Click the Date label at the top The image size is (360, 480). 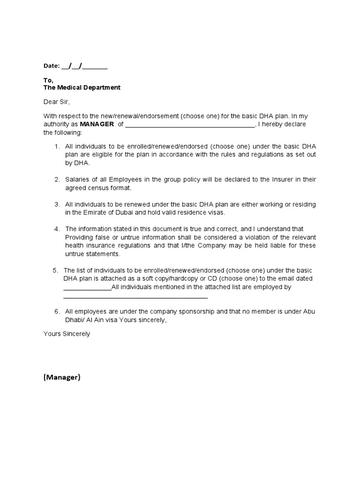[52, 66]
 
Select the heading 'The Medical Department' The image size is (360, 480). [82, 88]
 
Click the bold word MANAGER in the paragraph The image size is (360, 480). [97, 124]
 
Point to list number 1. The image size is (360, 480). [57, 146]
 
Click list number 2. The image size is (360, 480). [57, 180]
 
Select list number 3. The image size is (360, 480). [57, 204]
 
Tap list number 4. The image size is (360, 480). [57, 229]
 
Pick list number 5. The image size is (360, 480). [55, 270]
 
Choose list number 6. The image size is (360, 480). [57, 311]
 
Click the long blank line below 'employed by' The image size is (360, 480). [135, 297]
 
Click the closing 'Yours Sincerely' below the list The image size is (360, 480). [67, 334]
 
